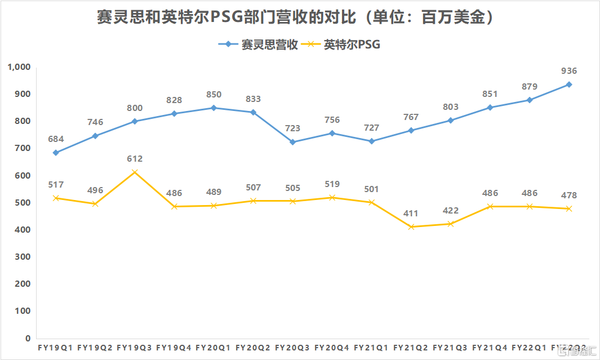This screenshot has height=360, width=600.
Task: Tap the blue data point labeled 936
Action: [x=569, y=85]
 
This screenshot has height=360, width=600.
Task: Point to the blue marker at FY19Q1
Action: [x=56, y=153]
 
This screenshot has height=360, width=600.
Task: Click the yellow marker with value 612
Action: [x=135, y=172]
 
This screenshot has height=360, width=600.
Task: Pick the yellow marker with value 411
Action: [x=411, y=226]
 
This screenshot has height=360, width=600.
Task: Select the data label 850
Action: [x=214, y=95]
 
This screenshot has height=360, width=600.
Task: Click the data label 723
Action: [x=292, y=128]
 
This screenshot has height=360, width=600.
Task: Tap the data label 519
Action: [x=332, y=184]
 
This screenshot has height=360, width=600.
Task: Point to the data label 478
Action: [x=569, y=195]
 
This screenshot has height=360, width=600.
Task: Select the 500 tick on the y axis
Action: [x=22, y=203]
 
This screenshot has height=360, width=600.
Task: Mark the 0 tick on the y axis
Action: [x=26, y=339]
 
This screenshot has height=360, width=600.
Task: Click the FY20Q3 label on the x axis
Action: [x=292, y=348]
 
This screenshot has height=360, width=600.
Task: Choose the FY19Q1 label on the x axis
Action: [x=56, y=348]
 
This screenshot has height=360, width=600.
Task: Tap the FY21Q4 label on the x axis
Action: [x=490, y=348]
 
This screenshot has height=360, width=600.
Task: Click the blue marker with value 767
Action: [x=411, y=130]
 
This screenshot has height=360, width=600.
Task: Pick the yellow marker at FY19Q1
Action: [x=56, y=198]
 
